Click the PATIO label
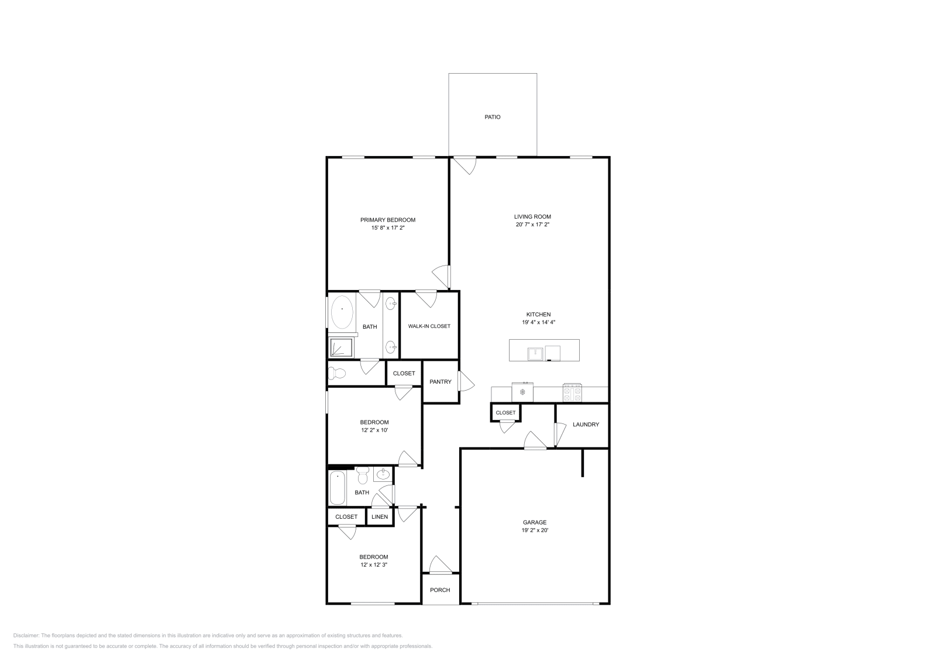(x=492, y=117)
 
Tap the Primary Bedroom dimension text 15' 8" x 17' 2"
(x=388, y=228)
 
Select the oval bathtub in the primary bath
(x=342, y=312)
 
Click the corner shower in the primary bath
(x=341, y=347)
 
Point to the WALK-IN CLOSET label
(x=429, y=326)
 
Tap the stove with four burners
(x=572, y=393)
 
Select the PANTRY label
(x=440, y=382)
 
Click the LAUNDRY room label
(x=585, y=425)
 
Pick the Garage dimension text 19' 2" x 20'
(x=534, y=530)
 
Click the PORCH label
(x=440, y=590)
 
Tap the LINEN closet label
(x=379, y=517)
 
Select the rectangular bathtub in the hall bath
(x=338, y=488)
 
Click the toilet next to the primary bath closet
(x=337, y=373)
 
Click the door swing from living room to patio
(x=465, y=166)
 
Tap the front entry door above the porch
(x=440, y=565)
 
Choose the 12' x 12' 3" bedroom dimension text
(x=374, y=565)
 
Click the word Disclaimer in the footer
(x=26, y=635)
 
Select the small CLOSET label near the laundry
(x=505, y=413)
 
